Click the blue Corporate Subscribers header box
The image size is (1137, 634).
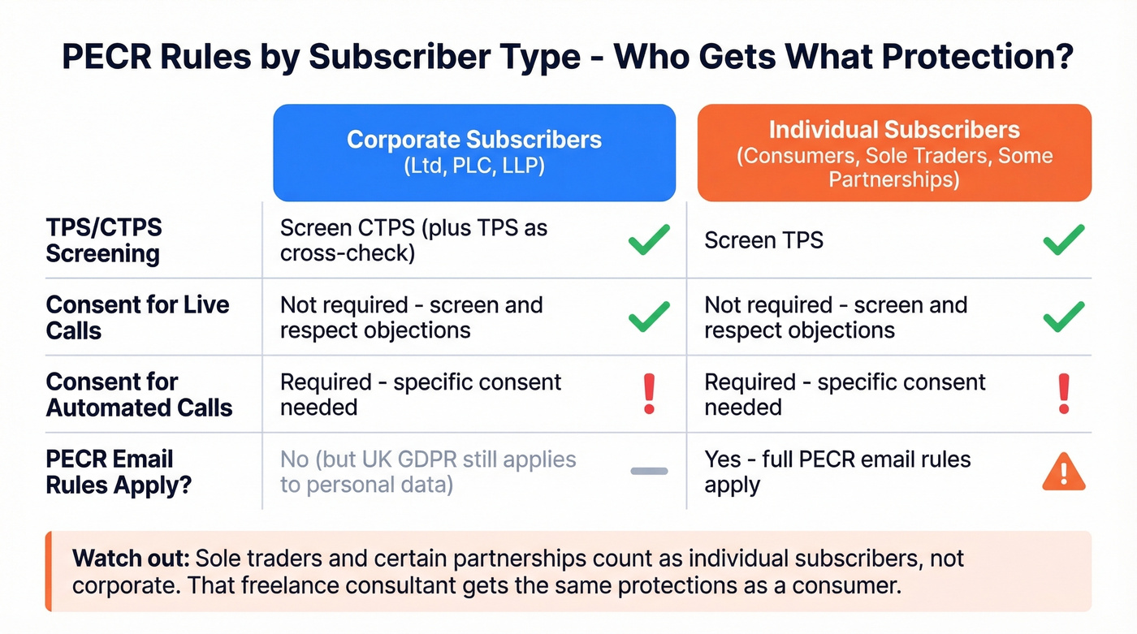(474, 153)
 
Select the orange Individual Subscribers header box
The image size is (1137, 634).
(894, 153)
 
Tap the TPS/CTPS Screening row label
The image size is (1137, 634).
(103, 241)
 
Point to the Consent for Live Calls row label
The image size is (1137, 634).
(137, 317)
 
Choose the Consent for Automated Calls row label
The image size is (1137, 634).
(139, 395)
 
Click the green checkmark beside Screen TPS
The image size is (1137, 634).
(1063, 240)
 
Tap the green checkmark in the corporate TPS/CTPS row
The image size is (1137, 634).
(649, 240)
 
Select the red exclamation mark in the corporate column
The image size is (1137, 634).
(649, 395)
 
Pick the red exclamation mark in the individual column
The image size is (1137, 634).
(1064, 395)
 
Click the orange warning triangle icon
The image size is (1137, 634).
(1063, 472)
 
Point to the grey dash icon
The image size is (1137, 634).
(649, 471)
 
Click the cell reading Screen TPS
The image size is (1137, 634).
(763, 240)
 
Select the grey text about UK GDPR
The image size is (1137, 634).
(428, 472)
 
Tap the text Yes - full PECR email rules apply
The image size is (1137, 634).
(837, 472)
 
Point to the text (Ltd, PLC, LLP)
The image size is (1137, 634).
(474, 166)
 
